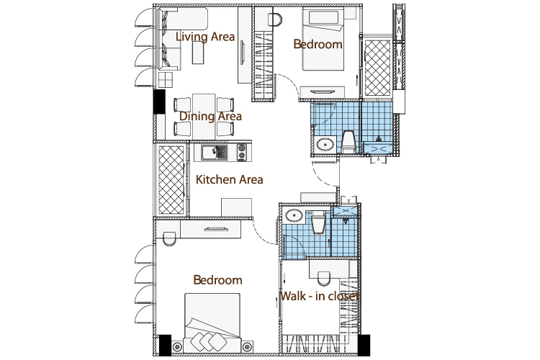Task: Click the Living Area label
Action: click(205, 37)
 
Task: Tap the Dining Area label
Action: click(210, 117)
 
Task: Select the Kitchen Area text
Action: click(230, 179)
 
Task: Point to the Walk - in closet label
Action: click(320, 296)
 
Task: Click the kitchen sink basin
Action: click(210, 153)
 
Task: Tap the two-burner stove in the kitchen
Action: click(242, 152)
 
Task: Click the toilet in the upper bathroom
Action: click(348, 142)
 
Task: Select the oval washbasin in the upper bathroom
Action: click(325, 144)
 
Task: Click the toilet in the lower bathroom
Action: click(318, 222)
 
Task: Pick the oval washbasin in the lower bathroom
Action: click(294, 215)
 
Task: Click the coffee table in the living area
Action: click(198, 53)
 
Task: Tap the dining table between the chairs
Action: click(204, 116)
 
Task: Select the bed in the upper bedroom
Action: click(323, 39)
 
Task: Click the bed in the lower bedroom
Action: click(212, 323)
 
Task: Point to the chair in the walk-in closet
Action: click(323, 279)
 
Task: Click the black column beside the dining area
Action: click(159, 102)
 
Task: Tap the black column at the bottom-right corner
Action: click(364, 345)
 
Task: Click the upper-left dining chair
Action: click(182, 104)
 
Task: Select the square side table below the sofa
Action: click(166, 80)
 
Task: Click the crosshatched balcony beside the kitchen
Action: click(171, 179)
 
